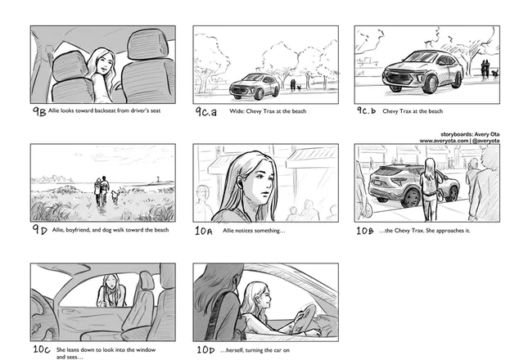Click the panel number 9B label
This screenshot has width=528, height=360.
click(x=39, y=111)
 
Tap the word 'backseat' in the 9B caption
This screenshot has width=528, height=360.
click(x=105, y=110)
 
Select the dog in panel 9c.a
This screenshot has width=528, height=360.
click(x=299, y=88)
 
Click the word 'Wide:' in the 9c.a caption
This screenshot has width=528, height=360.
click(x=237, y=111)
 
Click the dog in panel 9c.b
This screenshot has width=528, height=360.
click(x=494, y=73)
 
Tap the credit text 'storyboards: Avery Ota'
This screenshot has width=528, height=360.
click(x=470, y=134)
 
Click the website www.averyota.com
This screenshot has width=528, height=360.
click(x=444, y=141)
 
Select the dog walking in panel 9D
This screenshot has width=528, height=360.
click(x=115, y=196)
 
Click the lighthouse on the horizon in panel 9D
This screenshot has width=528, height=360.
click(x=158, y=178)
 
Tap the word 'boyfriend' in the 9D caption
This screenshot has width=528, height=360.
click(x=78, y=230)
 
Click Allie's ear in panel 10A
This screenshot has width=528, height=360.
click(x=240, y=182)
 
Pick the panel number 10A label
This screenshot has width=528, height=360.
click(x=204, y=231)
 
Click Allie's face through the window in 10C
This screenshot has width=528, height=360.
click(x=111, y=283)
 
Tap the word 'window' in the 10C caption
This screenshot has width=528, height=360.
click(x=147, y=350)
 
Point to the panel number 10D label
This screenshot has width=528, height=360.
click(x=205, y=350)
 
